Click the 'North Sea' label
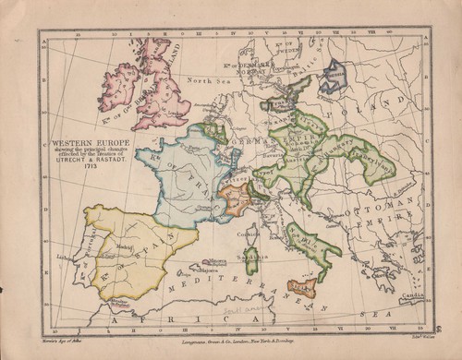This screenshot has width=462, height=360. [201, 81]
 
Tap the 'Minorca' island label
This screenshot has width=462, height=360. [219, 259]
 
